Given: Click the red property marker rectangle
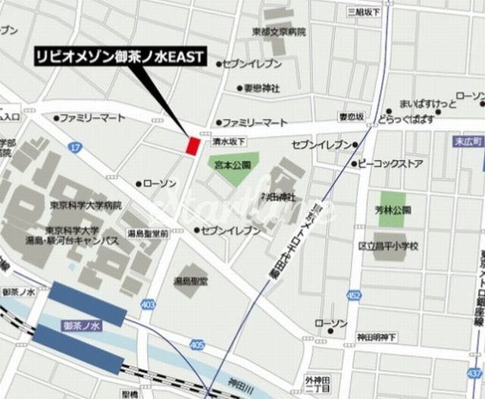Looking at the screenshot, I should tap(193, 144).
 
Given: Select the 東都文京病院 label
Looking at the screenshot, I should tap(280, 32).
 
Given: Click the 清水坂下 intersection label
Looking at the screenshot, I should tap(227, 141).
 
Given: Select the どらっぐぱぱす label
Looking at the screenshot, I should tap(407, 119).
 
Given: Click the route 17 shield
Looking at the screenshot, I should tap(74, 146).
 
